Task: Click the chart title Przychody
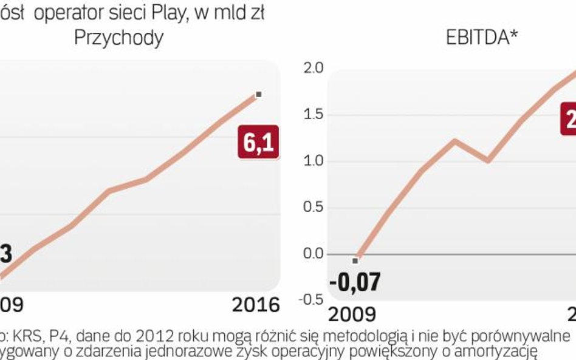point(118,38)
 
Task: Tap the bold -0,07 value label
point(355,282)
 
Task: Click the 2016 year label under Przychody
point(256,305)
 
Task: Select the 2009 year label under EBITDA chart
point(352,314)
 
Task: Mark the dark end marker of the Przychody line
point(259,94)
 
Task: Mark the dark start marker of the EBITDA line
point(355,260)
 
